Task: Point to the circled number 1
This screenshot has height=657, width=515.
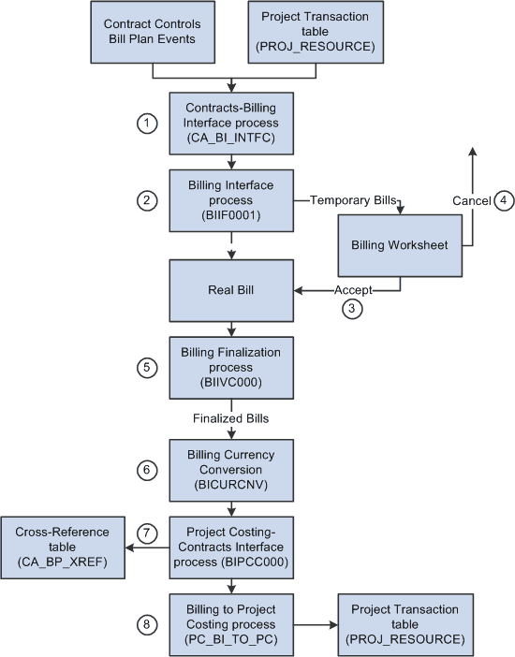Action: point(144,124)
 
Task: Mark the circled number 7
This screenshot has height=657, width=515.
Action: point(144,533)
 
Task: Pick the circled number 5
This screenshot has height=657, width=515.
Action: point(144,368)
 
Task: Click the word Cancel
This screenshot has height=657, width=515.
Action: point(471,200)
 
